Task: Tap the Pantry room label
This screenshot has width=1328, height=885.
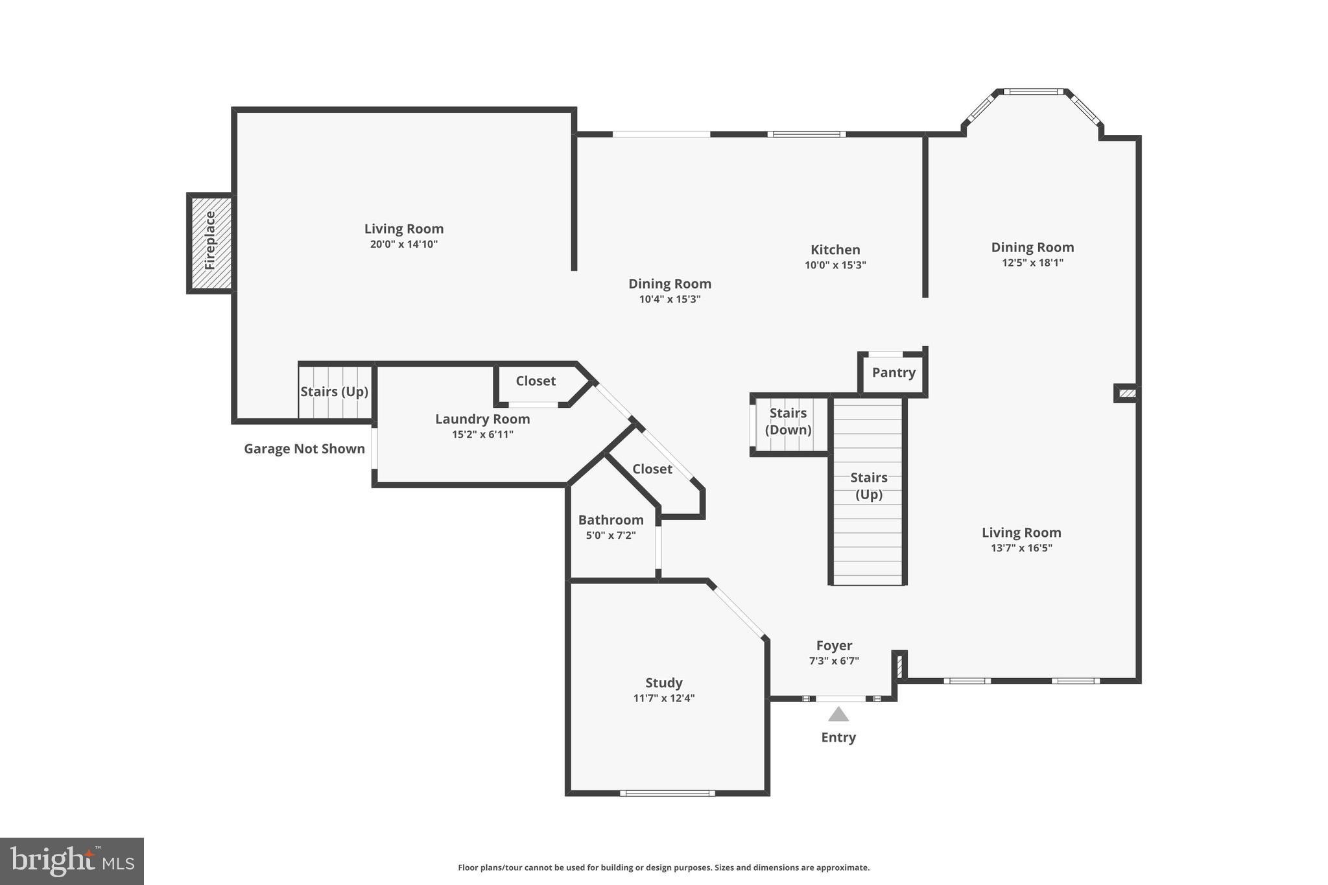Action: tap(894, 373)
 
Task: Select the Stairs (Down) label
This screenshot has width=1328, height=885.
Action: tap(788, 421)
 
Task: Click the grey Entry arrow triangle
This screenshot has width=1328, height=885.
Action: tap(838, 714)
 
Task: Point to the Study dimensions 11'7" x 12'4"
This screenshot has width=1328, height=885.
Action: tap(664, 698)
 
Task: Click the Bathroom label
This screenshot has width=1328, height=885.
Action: tap(611, 520)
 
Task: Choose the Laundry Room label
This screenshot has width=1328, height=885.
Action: tap(482, 419)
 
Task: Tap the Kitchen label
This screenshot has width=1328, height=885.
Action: tap(835, 250)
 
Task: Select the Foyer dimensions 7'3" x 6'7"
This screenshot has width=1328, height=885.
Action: tap(834, 661)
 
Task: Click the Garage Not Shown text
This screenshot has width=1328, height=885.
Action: tap(304, 449)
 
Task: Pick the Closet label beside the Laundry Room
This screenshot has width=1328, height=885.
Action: tap(536, 381)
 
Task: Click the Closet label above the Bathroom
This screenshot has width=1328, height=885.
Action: tap(652, 469)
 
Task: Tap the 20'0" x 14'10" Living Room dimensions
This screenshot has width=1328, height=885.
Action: tap(404, 244)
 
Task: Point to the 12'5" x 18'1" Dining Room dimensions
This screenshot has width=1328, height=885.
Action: tap(1032, 263)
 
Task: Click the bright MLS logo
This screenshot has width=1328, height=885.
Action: tap(72, 861)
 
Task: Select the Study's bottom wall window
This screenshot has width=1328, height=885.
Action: tap(667, 793)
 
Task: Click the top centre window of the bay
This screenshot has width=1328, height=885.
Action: tap(1034, 91)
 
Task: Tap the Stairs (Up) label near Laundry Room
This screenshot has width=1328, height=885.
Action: tap(334, 392)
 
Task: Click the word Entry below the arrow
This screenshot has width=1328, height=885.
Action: tap(838, 737)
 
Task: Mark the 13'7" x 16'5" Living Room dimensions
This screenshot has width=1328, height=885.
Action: tap(1021, 548)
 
